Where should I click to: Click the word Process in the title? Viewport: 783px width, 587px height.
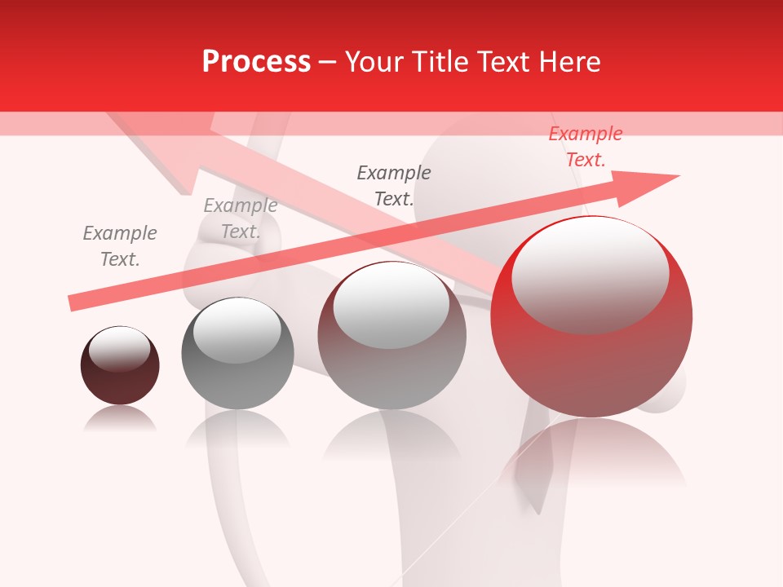[x=256, y=62]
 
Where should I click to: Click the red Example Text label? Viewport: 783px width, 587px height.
[x=586, y=147]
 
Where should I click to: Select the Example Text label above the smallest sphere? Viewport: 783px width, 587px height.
[x=120, y=246]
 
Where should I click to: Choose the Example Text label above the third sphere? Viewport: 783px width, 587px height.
[x=394, y=185]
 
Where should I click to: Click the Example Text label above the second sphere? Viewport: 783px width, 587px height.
[x=241, y=218]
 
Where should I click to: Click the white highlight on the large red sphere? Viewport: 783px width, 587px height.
[x=590, y=273]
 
